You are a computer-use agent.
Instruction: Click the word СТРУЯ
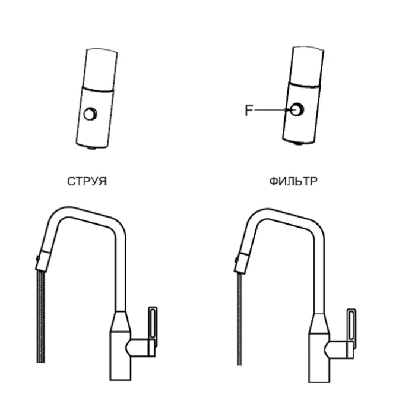[x=87, y=181]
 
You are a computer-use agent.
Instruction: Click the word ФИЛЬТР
[x=293, y=181]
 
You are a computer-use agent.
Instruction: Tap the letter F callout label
[x=249, y=111]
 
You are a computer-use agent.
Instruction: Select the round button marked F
[x=296, y=109]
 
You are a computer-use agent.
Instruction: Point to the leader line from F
[x=273, y=109]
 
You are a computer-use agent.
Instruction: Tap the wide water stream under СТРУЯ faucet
[x=41, y=316]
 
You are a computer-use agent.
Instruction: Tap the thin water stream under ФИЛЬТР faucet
[x=240, y=320]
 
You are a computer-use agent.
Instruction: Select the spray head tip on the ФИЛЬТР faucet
[x=242, y=263]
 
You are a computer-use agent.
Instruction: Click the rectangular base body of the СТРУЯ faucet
[x=121, y=355]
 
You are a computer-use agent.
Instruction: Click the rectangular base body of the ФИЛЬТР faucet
[x=319, y=358]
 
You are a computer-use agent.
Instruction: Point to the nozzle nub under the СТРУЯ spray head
[x=91, y=148]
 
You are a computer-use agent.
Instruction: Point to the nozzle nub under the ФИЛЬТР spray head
[x=299, y=144]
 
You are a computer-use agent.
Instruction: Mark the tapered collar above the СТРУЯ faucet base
[x=121, y=322]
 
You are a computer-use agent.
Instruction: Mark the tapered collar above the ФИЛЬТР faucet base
[x=319, y=323]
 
